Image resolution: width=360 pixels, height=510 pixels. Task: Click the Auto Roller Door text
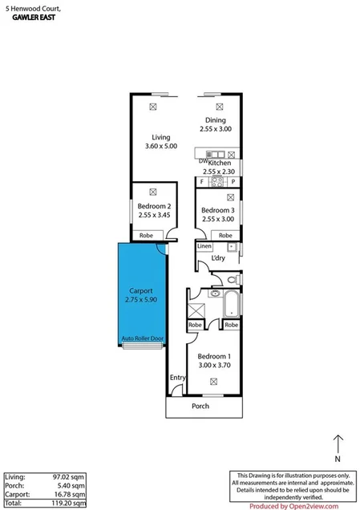tap(142, 339)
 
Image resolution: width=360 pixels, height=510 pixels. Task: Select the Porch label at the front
tap(201, 406)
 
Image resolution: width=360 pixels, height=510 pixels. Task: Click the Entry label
tap(176, 378)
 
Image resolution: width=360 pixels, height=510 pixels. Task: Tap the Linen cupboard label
tap(204, 246)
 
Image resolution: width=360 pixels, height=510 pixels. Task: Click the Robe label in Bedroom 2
tap(146, 235)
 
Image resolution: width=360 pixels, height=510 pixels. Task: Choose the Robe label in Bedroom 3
tap(225, 235)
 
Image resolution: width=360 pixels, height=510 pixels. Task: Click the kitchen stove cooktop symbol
tap(216, 181)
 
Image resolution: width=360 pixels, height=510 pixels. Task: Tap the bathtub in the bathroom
tap(231, 304)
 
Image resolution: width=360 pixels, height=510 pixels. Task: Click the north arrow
tap(338, 443)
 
